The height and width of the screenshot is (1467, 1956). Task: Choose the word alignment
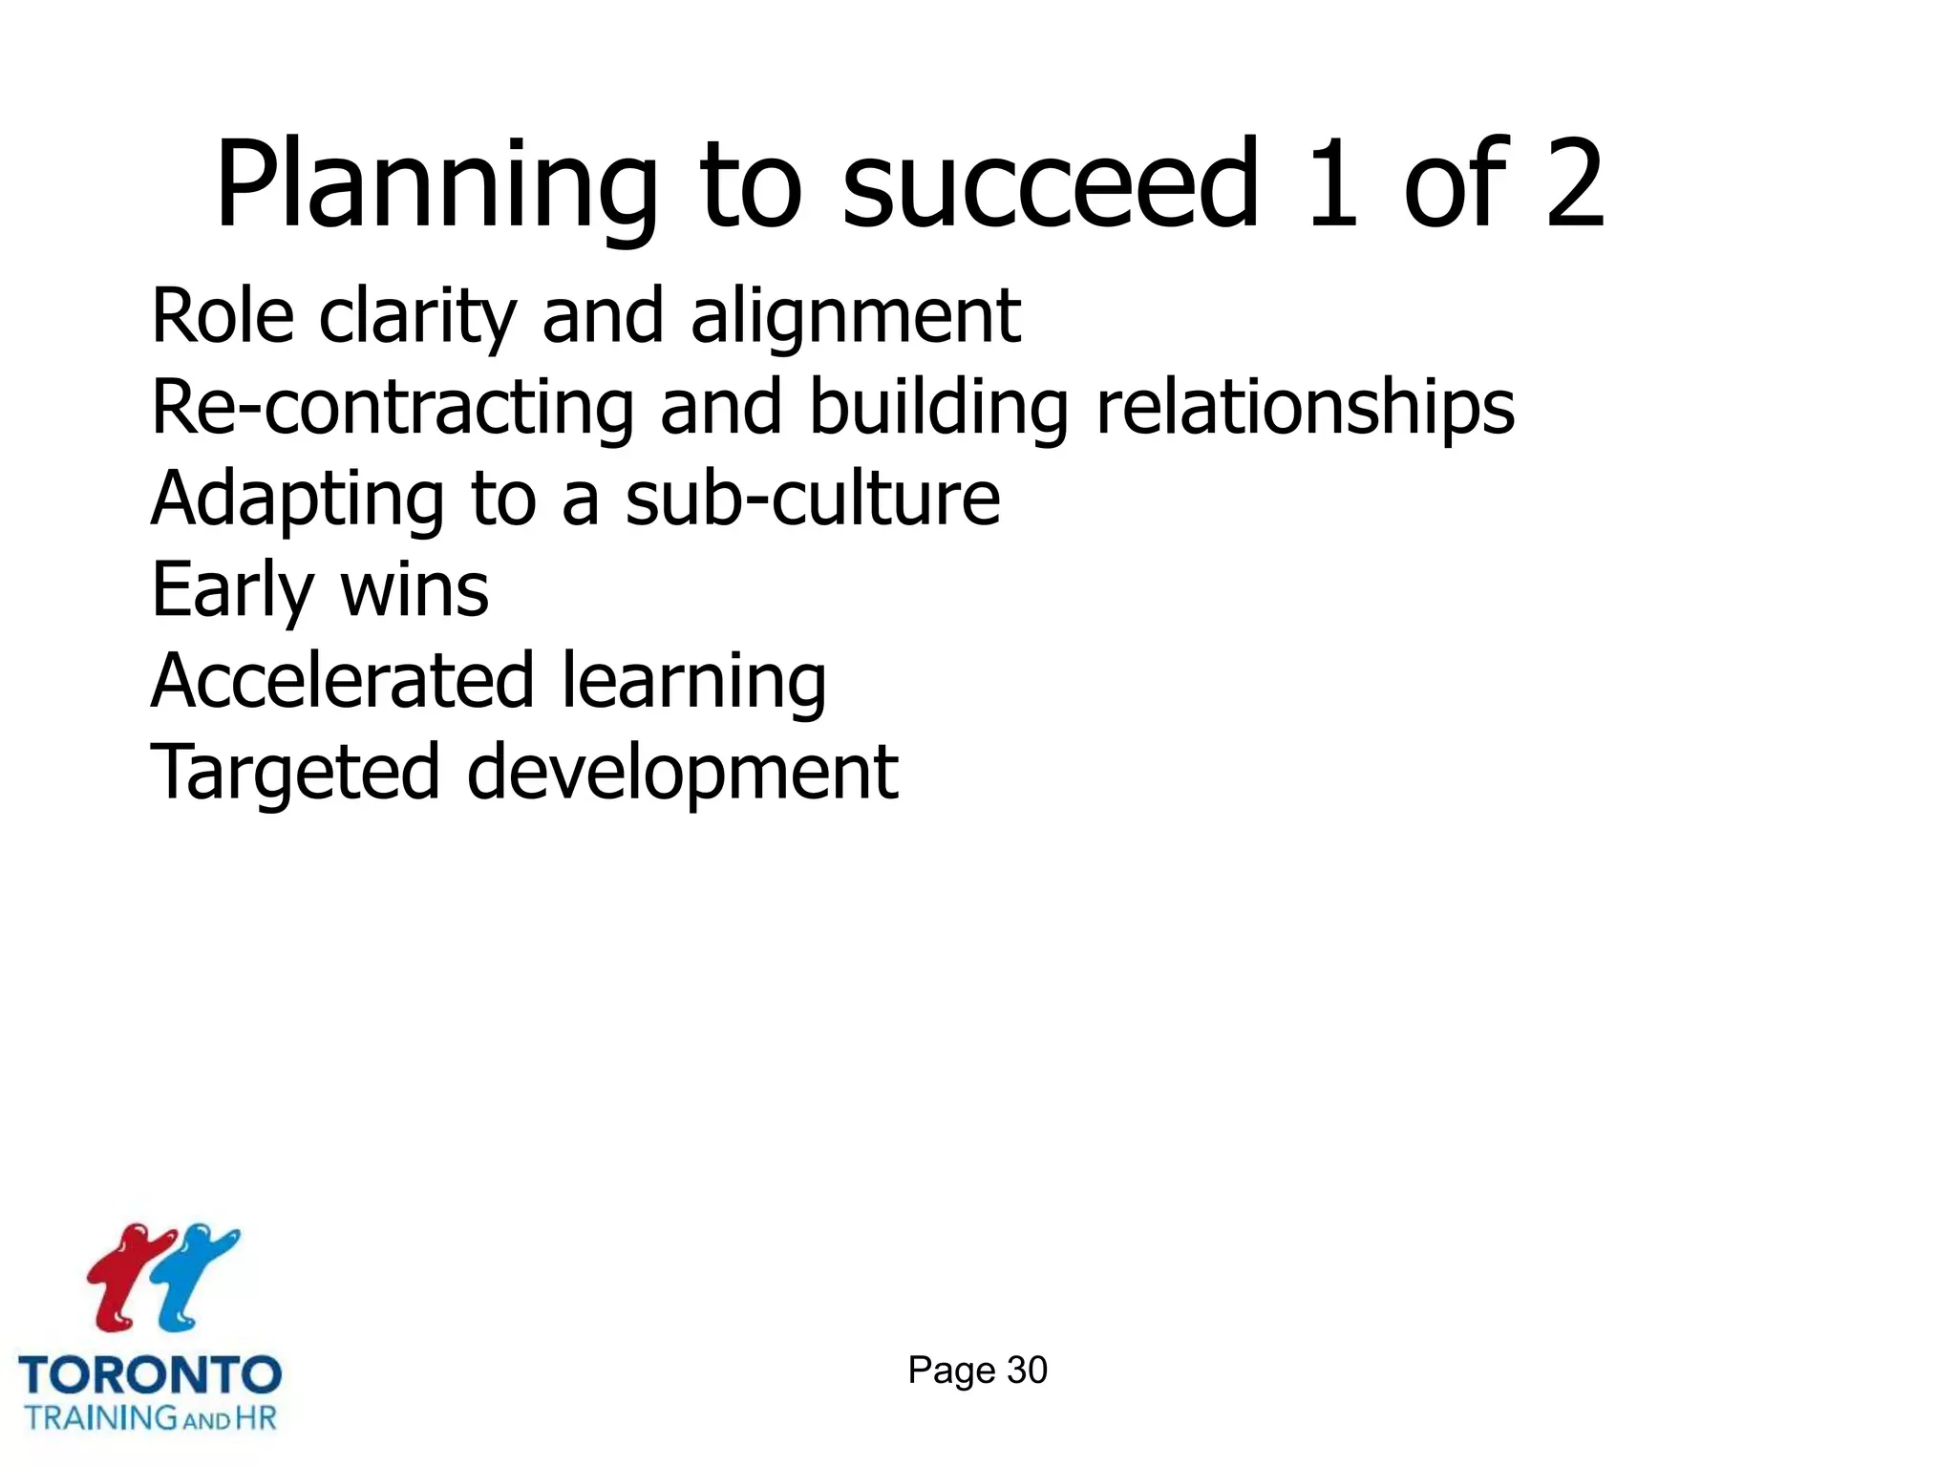(856, 318)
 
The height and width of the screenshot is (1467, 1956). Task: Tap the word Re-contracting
(393, 408)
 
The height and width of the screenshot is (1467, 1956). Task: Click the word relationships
(1305, 408)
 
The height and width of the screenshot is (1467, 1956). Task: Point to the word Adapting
(297, 500)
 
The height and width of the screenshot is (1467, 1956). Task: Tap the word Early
(232, 591)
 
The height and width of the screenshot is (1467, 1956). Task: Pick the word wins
(415, 591)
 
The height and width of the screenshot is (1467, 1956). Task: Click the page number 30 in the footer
(1027, 1371)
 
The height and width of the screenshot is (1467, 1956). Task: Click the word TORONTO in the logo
(150, 1375)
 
